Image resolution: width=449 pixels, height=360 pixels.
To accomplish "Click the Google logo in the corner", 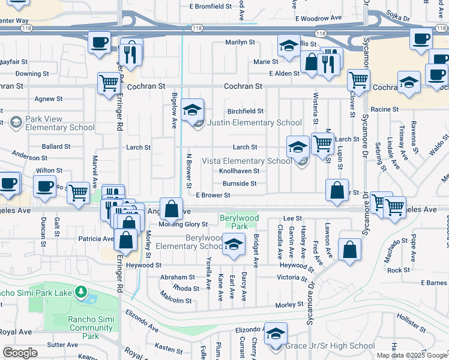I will coord(20,353).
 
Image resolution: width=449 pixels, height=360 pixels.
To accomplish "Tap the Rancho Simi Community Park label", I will coord(91,328).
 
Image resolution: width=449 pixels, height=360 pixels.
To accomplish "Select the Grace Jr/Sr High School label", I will coord(330,346).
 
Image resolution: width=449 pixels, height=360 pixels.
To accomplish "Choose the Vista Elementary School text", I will coord(247,161).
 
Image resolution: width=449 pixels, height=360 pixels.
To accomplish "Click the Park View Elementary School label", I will coord(55,124).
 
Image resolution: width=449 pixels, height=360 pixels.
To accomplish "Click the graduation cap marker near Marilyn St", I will coord(289,45).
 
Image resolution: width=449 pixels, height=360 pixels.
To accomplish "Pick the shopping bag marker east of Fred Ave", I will coord(349,250).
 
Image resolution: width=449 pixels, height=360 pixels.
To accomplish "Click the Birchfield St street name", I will coord(246,111).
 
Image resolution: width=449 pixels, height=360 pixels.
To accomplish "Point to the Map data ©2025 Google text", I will coord(412,355).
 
